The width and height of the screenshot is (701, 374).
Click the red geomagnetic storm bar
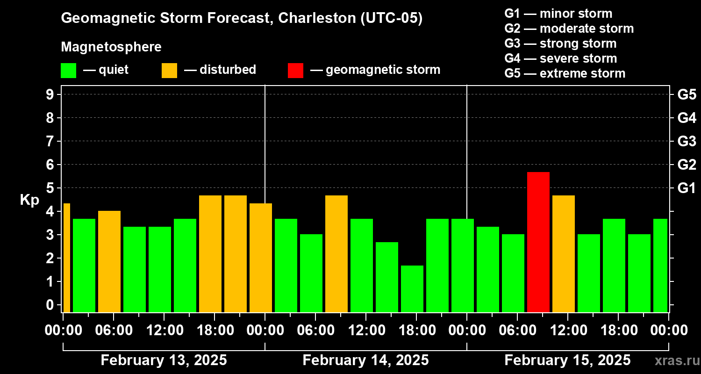[x=538, y=242]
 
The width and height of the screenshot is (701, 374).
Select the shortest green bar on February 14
[x=412, y=288]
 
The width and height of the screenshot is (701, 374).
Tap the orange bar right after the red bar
[x=563, y=253]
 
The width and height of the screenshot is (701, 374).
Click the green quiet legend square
[x=68, y=70]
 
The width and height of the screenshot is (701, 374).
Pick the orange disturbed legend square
[x=169, y=70]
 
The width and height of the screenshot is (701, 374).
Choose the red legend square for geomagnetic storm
[x=295, y=70]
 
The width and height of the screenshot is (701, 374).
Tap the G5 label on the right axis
[x=687, y=95]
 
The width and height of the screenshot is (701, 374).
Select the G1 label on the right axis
[x=687, y=188]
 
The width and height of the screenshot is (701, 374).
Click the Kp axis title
[x=29, y=200]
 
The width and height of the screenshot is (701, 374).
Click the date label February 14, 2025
[x=365, y=360]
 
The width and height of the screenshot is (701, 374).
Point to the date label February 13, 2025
[x=164, y=360]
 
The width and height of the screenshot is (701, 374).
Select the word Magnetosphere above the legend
[x=111, y=47]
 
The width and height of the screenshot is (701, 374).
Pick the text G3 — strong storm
[x=560, y=43]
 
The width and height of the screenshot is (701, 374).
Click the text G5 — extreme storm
[x=565, y=73]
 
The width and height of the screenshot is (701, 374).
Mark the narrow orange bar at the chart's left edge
[x=66, y=258]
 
